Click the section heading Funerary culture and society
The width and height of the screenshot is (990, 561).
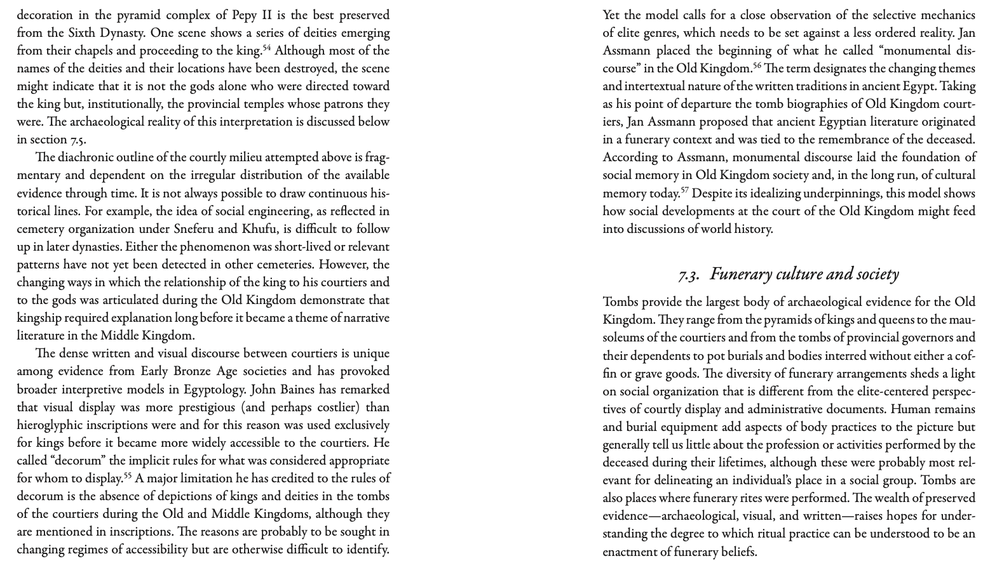tap(804, 274)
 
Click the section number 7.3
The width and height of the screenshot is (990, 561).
tap(688, 275)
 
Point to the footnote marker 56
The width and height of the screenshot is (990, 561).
tap(757, 65)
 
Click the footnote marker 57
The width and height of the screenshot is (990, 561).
tap(684, 190)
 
